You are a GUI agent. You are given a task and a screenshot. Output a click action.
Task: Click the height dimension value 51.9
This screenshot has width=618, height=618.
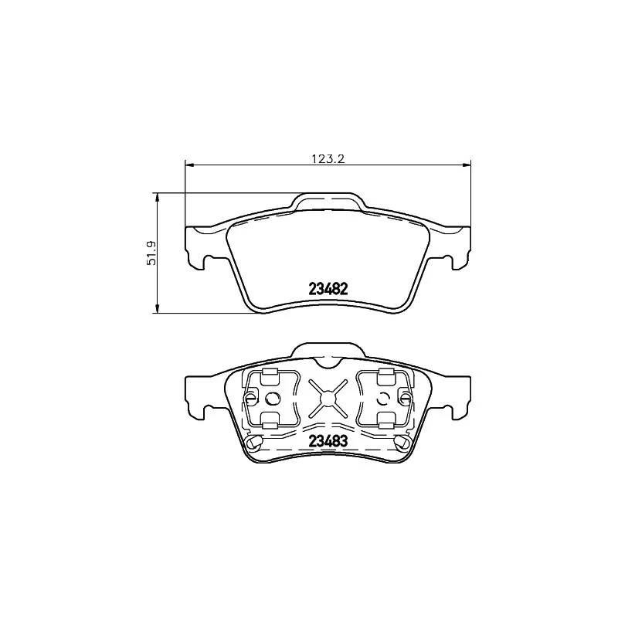pyautogui.click(x=152, y=253)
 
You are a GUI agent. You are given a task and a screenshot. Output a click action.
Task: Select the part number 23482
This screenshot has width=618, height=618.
pyautogui.click(x=328, y=289)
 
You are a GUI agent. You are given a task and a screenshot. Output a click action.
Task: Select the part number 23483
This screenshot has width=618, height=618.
pyautogui.click(x=328, y=442)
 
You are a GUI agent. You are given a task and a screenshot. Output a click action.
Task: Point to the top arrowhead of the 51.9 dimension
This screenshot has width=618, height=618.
pyautogui.click(x=158, y=196)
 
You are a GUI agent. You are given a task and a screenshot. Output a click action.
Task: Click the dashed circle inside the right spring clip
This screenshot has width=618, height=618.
pyautogui.click(x=384, y=399)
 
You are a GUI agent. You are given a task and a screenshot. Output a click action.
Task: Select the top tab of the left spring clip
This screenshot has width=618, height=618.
pyautogui.click(x=270, y=376)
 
